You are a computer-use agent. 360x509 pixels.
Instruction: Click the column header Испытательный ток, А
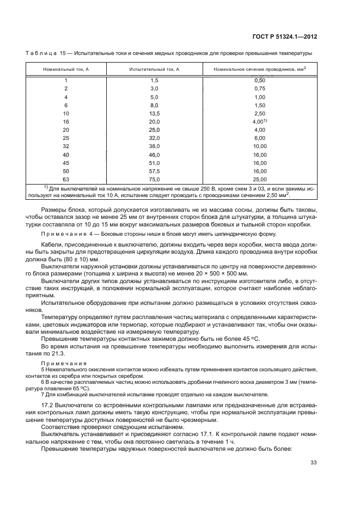coord(154,70)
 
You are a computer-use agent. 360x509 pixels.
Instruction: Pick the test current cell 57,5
coord(154,170)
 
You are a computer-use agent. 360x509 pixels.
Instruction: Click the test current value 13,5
coord(154,113)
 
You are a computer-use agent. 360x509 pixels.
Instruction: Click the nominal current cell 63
coord(66,179)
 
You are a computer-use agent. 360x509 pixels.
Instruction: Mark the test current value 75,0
coord(154,179)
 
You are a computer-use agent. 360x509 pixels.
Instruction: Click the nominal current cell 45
coord(66,162)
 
